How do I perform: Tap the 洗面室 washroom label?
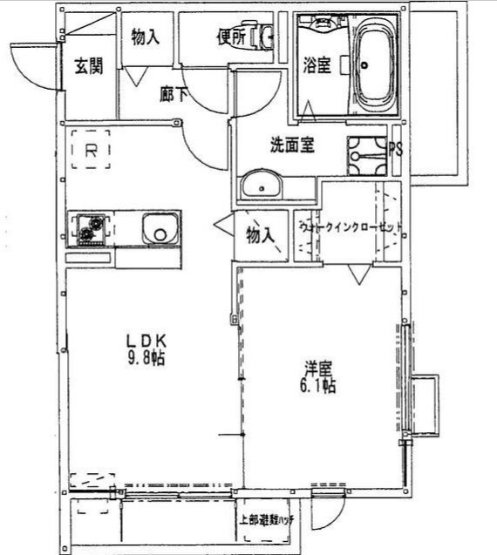pos(291,146)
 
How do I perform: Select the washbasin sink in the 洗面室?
pos(259,186)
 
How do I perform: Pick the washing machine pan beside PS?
pos(366,156)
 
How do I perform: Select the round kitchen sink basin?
pos(158,232)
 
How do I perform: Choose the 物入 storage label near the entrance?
pos(146,37)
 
